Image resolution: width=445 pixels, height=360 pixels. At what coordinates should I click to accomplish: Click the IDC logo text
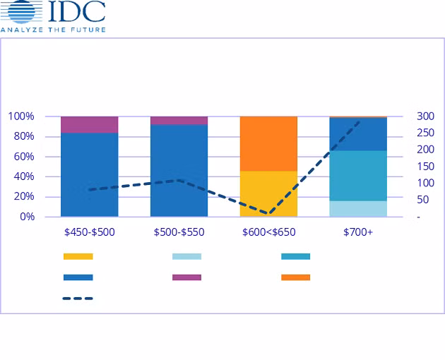78,12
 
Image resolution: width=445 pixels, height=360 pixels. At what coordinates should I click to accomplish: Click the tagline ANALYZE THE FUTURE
53,30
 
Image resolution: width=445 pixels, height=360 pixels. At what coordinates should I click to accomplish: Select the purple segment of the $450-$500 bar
89,124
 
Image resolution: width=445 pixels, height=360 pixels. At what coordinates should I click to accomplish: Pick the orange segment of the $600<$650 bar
268,143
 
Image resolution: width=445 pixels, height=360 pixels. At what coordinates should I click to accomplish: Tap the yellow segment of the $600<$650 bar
268,193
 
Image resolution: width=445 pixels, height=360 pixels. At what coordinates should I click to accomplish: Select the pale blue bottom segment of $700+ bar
358,208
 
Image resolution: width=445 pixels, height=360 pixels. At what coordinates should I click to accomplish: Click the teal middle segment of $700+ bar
358,175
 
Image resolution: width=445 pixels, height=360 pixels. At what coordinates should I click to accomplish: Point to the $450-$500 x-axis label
89,232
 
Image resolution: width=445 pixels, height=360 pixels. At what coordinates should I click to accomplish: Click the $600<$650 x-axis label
268,232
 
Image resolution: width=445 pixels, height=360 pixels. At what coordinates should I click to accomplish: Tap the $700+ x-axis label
358,232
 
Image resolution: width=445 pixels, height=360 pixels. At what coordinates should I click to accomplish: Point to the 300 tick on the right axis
425,116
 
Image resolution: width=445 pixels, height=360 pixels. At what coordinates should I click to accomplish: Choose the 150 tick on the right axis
425,167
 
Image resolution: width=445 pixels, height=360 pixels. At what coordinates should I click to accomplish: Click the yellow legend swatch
78,256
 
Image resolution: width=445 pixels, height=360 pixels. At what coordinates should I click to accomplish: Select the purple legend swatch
186,277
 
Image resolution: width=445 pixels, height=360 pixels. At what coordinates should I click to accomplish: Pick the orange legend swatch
295,277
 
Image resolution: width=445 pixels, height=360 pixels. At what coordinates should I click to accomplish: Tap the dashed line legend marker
78,299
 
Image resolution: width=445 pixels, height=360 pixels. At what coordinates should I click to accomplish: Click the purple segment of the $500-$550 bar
179,120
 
